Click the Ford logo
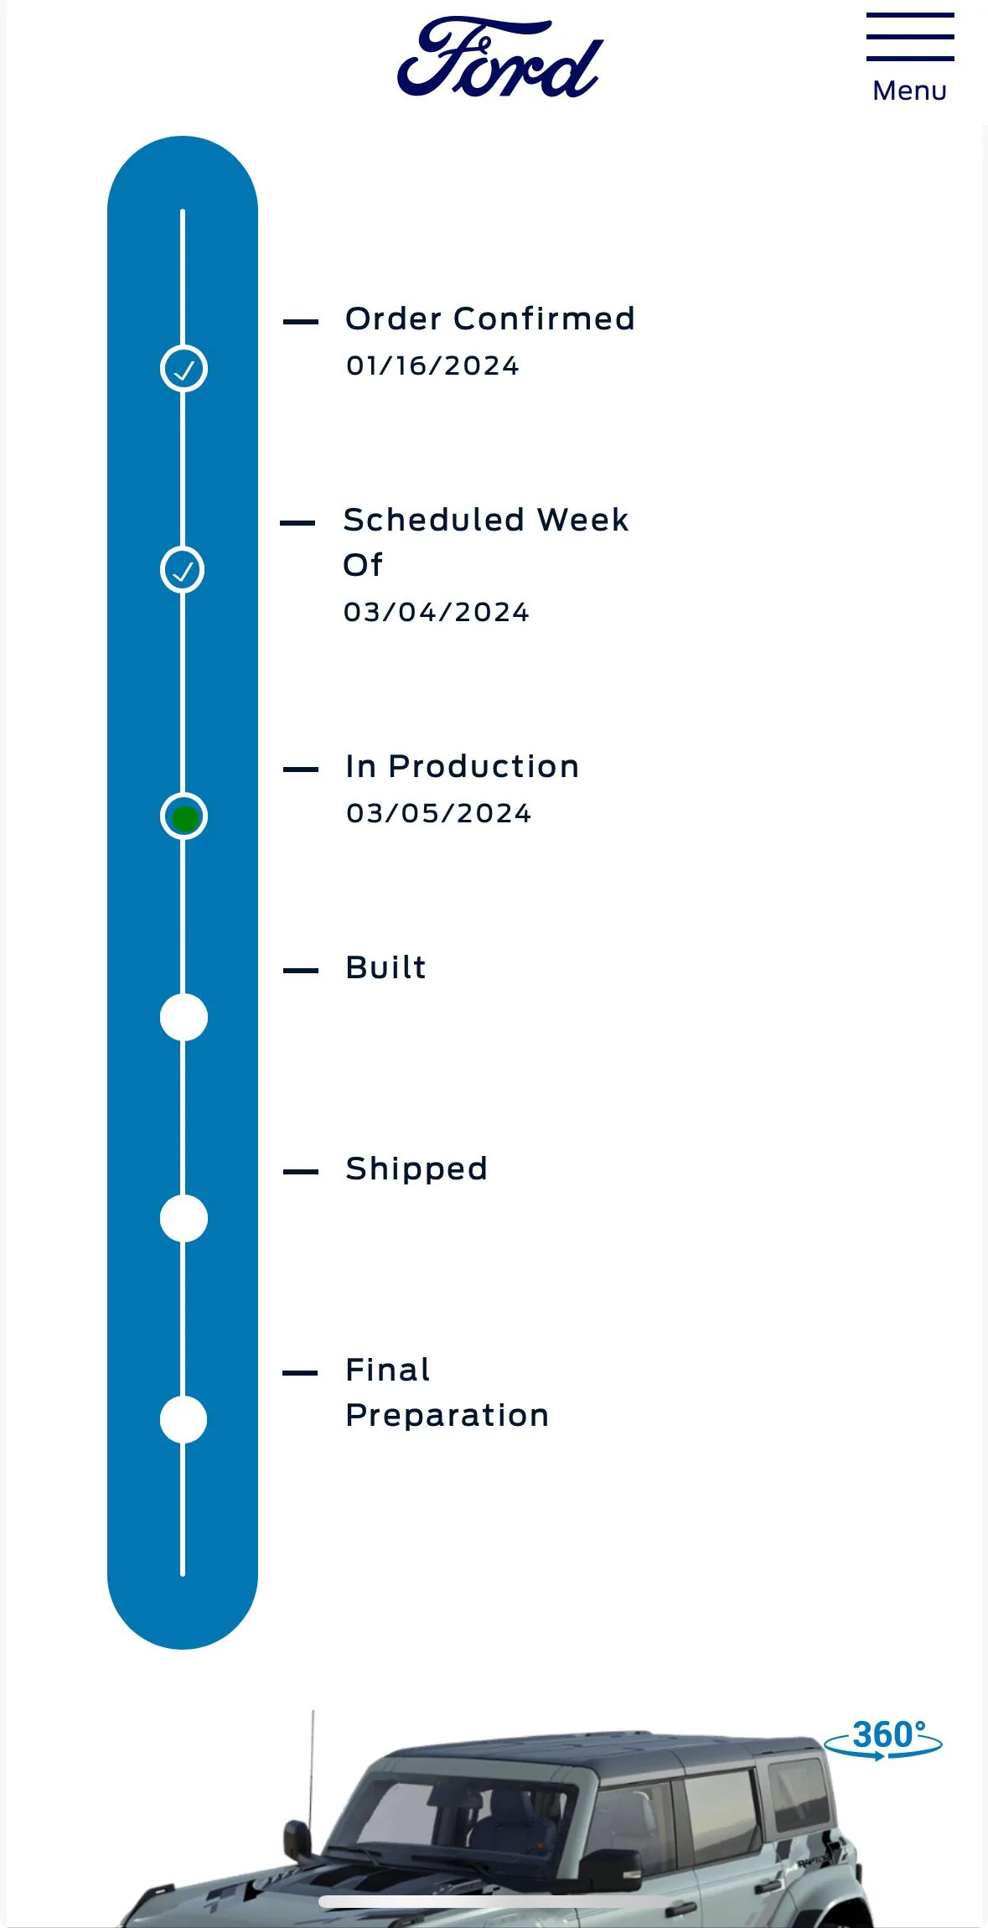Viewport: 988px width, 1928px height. click(x=500, y=57)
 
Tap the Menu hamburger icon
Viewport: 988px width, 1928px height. click(x=910, y=37)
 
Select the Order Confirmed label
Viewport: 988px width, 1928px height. click(x=490, y=319)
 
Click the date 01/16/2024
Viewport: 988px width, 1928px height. click(x=432, y=365)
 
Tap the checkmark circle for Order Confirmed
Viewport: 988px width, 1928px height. click(x=184, y=368)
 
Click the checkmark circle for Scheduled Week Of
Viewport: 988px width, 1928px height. click(x=183, y=570)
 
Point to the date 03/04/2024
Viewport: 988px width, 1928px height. click(x=436, y=612)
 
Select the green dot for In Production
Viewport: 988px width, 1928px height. click(x=184, y=817)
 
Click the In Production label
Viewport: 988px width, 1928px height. click(x=463, y=766)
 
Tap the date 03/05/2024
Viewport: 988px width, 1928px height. click(x=438, y=813)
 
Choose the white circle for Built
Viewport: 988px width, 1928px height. click(x=184, y=1018)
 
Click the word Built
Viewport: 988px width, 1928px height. click(x=385, y=967)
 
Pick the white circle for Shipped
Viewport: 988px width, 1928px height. click(x=184, y=1219)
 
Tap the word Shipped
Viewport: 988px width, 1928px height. click(x=416, y=1169)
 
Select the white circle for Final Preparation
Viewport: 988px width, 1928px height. click(x=184, y=1420)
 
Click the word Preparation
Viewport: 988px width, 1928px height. click(x=447, y=1415)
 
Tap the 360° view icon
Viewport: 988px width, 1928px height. click(x=883, y=1738)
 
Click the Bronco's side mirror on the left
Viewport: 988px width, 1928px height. click(x=297, y=1839)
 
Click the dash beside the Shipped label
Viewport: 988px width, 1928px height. click(x=301, y=1172)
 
